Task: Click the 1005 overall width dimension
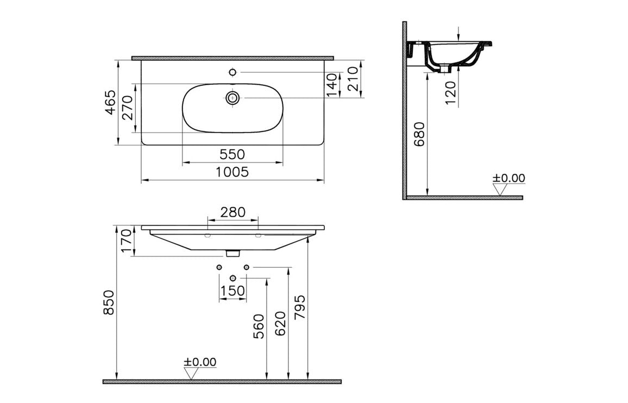(232, 172)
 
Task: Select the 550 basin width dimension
(232, 155)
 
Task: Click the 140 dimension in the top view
(332, 85)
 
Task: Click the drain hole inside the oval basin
(233, 98)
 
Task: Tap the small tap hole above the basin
(233, 72)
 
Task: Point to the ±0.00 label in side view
(508, 178)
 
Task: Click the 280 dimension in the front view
(233, 212)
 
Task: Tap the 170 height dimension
(126, 240)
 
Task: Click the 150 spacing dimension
(233, 291)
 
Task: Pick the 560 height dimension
(259, 326)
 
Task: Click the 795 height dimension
(300, 308)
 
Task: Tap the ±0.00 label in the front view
(199, 362)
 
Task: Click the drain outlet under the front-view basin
(233, 253)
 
